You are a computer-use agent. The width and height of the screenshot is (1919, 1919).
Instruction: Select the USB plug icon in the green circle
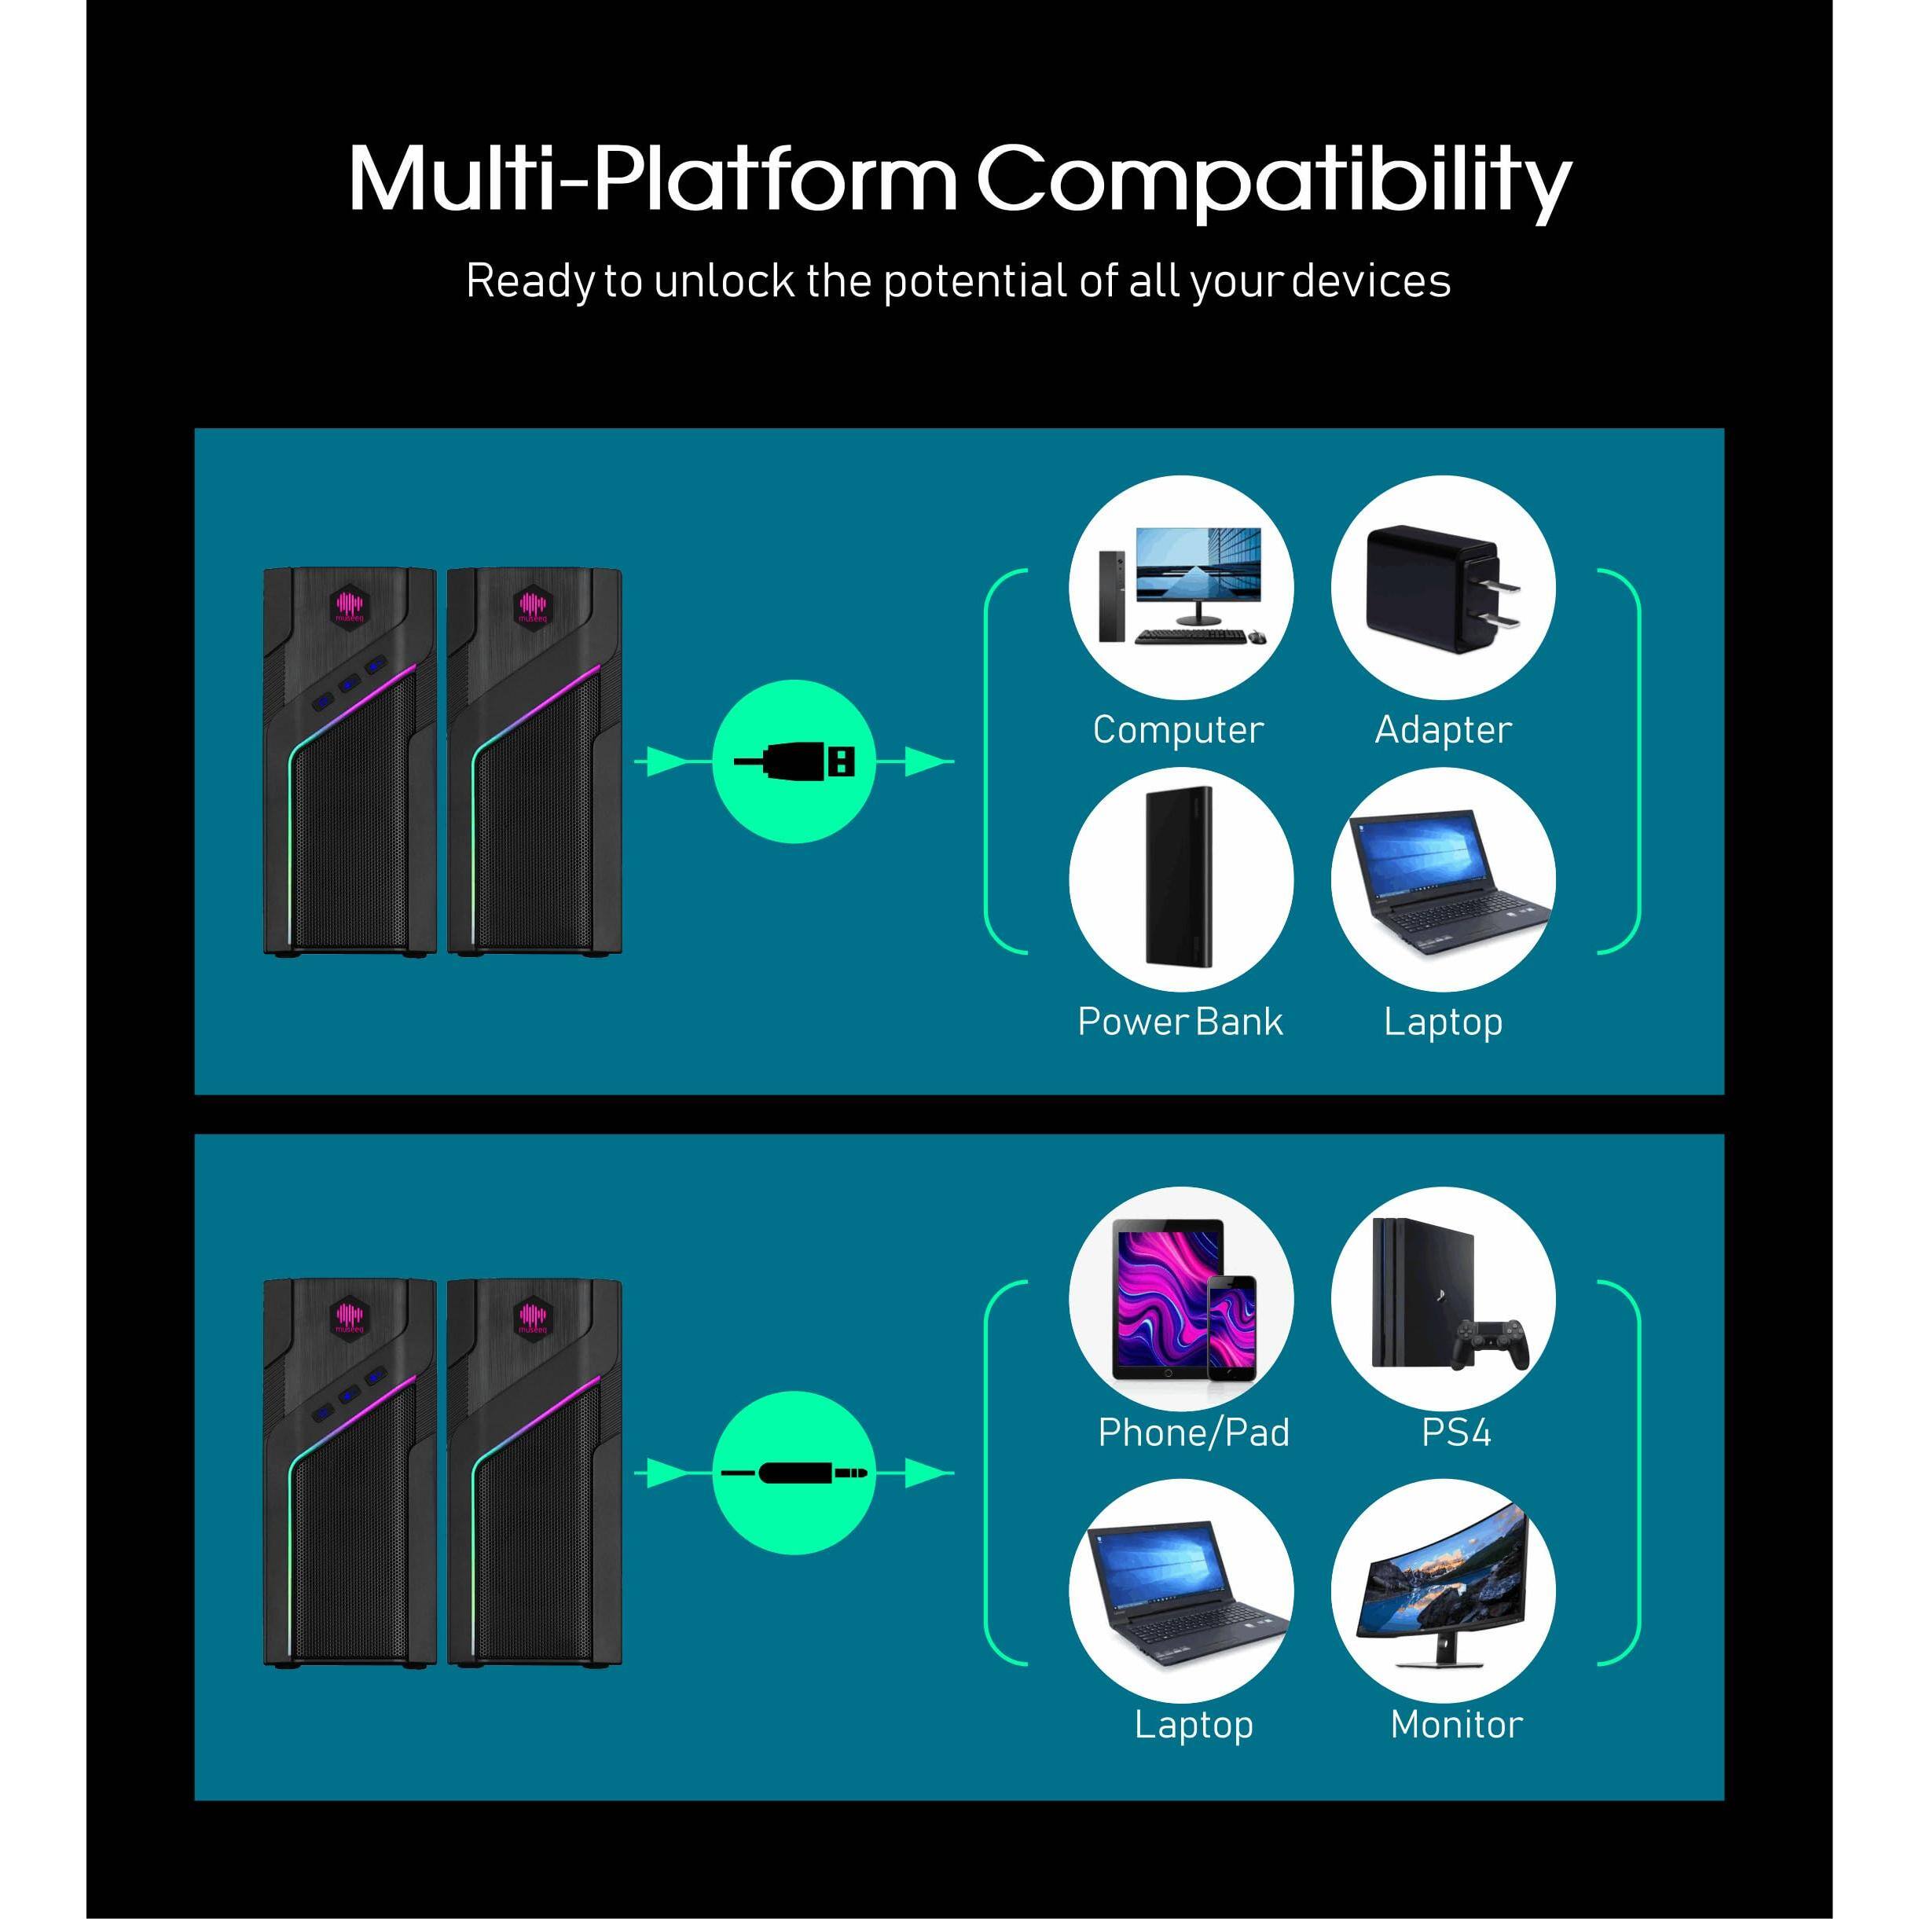[x=794, y=761]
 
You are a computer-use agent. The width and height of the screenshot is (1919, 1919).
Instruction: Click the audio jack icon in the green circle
[x=794, y=1473]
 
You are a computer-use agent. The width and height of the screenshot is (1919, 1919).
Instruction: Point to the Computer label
[x=1178, y=730]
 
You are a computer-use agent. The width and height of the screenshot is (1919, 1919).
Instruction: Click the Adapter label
[x=1444, y=730]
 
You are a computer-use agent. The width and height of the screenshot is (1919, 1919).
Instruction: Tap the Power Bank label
[x=1180, y=1022]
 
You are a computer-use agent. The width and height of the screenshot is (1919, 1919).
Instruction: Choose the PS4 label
[x=1456, y=1433]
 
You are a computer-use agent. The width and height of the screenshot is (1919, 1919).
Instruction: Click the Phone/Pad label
[x=1193, y=1433]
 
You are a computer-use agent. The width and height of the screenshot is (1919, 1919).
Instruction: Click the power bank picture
[x=1182, y=877]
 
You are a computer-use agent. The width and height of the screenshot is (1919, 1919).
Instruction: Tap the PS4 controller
[x=1488, y=1345]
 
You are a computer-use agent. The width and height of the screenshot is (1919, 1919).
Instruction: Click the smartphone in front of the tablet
[x=1231, y=1328]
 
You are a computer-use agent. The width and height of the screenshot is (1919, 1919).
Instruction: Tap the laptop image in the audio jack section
[x=1182, y=1594]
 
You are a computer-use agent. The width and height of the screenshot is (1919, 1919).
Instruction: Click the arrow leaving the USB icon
[x=915, y=761]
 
